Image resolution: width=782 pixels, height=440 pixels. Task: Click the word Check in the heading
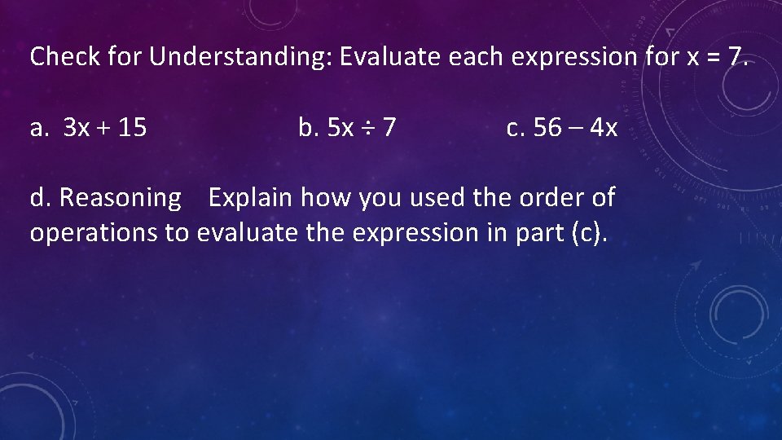pyautogui.click(x=65, y=57)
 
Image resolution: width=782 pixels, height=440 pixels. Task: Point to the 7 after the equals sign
pyautogui.click(x=734, y=57)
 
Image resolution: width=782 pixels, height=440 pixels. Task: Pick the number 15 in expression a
pyautogui.click(x=132, y=128)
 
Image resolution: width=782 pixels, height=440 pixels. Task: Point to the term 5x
pyautogui.click(x=340, y=128)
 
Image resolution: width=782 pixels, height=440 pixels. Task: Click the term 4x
pyautogui.click(x=604, y=128)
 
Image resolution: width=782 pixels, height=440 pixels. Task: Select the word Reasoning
pyautogui.click(x=121, y=198)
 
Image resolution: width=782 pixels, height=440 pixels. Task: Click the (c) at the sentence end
pyautogui.click(x=589, y=233)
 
